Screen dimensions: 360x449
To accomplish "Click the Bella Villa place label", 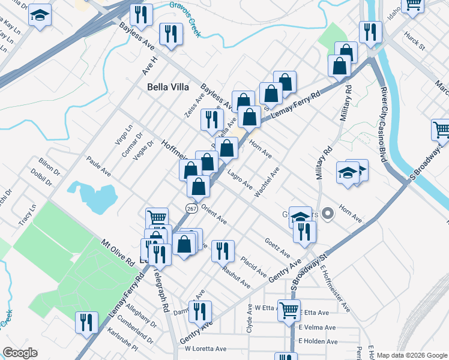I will click(x=169, y=87).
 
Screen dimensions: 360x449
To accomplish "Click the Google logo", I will click(x=20, y=353).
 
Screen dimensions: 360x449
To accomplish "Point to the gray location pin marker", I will click(x=328, y=213).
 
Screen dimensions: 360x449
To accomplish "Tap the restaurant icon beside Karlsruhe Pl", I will click(x=86, y=322).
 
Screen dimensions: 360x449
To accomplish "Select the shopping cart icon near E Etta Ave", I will click(x=289, y=310).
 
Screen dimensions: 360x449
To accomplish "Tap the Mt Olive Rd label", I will click(x=116, y=251).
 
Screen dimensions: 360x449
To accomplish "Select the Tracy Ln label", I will click(x=27, y=214).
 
